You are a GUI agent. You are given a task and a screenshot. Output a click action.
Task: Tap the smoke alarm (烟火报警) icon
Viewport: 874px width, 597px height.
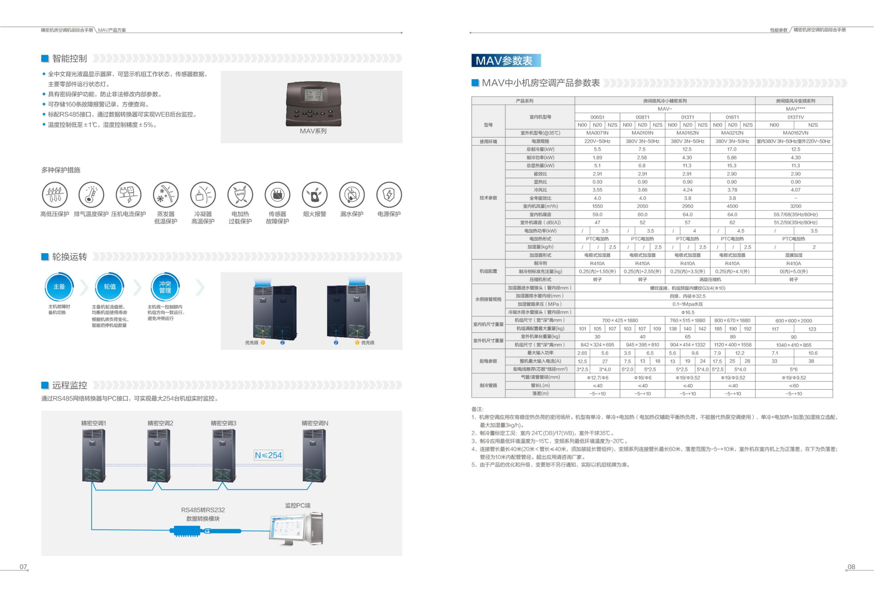pyautogui.click(x=314, y=195)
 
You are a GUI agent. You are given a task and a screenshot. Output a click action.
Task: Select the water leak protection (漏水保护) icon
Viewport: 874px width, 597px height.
pyautogui.click(x=352, y=195)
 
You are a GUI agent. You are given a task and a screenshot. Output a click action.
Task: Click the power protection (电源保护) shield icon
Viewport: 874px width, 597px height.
pyautogui.click(x=389, y=195)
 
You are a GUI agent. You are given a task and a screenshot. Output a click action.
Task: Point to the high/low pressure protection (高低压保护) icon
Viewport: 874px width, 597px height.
pyautogui.click(x=55, y=195)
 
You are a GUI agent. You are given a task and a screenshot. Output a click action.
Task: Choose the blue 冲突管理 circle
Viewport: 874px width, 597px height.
pyautogui.click(x=165, y=287)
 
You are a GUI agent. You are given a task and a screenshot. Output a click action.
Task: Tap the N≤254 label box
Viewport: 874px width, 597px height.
pyautogui.click(x=268, y=455)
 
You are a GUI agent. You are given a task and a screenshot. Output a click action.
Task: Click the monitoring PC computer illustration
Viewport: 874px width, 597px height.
pyautogui.click(x=296, y=528)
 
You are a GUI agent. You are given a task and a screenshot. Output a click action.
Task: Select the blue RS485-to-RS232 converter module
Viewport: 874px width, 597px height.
pyautogui.click(x=205, y=531)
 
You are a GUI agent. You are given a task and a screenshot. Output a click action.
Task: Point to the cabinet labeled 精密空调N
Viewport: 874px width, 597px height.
pyautogui.click(x=314, y=456)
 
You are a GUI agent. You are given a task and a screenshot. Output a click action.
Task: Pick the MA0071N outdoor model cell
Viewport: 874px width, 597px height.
pyautogui.click(x=597, y=133)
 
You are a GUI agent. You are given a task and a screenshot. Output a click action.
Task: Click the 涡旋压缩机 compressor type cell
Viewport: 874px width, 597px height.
pyautogui.click(x=710, y=279)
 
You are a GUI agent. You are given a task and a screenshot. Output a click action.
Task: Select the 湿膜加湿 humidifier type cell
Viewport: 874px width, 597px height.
pyautogui.click(x=794, y=255)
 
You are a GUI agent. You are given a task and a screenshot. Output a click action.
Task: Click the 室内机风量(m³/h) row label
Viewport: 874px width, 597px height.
pyautogui.click(x=540, y=206)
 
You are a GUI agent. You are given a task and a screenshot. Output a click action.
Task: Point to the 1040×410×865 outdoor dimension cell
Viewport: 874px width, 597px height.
pyautogui.click(x=794, y=345)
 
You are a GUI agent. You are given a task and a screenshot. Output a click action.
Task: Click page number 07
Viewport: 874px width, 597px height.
pyautogui.click(x=23, y=567)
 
